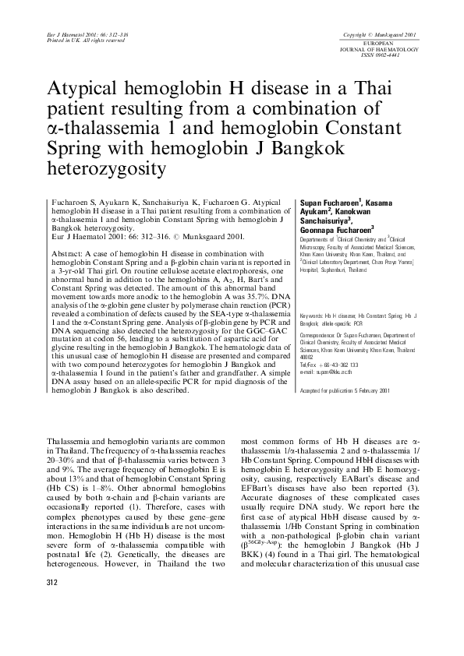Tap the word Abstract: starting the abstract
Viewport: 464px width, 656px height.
pos(69,254)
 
